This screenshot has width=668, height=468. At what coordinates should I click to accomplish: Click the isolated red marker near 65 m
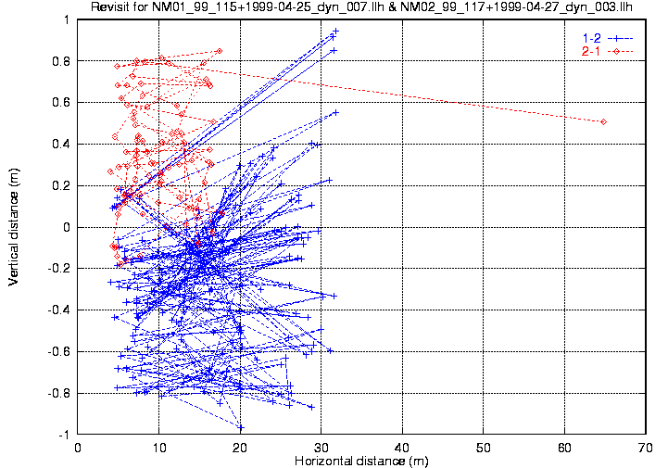[603, 121]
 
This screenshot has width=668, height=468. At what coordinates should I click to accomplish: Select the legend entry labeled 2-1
[590, 50]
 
